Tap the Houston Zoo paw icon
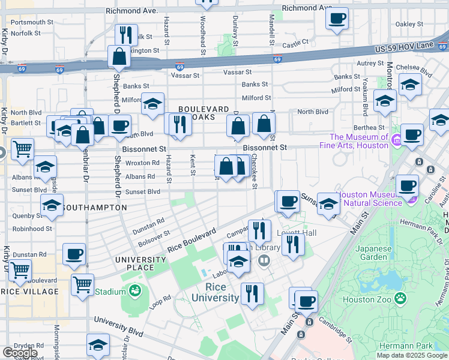(399, 298)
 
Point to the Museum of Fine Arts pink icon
(396, 141)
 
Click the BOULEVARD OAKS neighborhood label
(204, 113)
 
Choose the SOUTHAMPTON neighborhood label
(94, 208)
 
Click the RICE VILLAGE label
(29, 292)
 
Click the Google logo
(19, 352)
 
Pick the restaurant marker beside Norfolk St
(126, 34)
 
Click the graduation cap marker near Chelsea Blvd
(410, 84)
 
